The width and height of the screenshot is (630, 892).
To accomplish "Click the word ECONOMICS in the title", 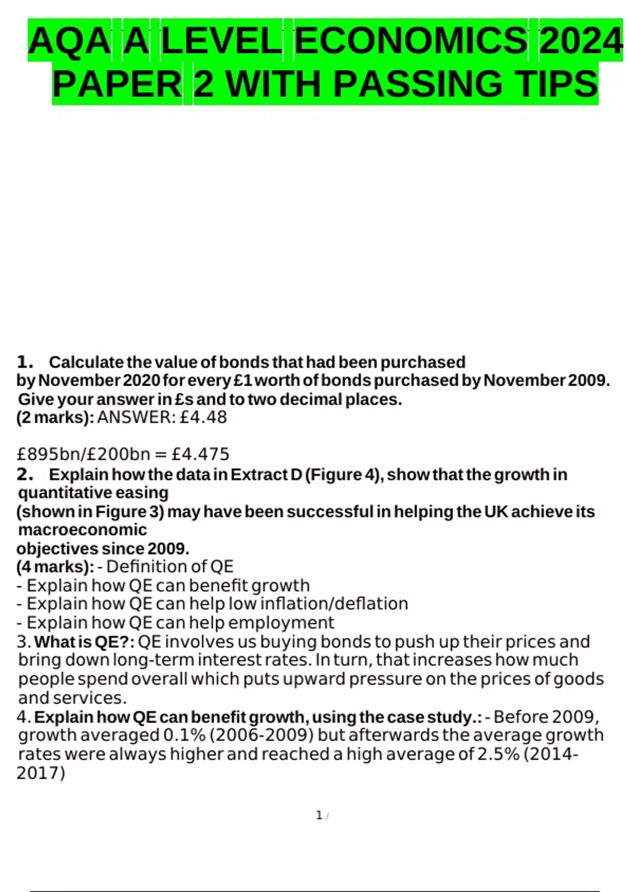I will point(411,41).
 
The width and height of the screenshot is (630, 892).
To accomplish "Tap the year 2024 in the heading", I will point(580,41).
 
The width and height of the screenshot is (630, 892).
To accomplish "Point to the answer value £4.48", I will point(203,418).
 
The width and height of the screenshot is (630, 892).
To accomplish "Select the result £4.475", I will point(200,454).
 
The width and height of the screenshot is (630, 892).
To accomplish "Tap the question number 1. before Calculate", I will point(25,362).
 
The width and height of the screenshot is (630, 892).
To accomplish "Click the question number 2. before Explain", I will point(25,474).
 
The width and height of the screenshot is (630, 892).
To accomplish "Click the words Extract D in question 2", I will point(267,474).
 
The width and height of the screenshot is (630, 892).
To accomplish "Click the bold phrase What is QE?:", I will point(85,642).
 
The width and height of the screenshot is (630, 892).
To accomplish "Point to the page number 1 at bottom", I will point(319,815).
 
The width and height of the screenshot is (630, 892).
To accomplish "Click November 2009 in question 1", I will point(546,380).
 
